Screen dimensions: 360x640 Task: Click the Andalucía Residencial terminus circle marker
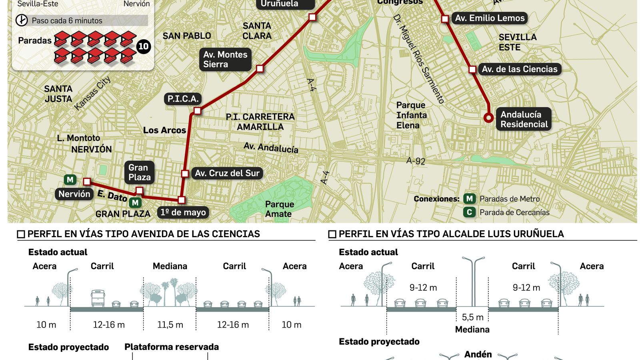(x=488, y=118)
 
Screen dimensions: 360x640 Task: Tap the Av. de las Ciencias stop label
(x=519, y=69)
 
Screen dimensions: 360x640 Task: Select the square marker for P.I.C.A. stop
(x=197, y=110)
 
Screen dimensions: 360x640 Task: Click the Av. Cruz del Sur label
(x=227, y=173)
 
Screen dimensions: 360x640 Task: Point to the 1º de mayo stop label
(x=183, y=212)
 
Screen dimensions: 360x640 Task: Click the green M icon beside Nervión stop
(x=70, y=180)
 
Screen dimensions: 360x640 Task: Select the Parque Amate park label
(x=279, y=209)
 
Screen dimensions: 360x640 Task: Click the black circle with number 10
(x=143, y=47)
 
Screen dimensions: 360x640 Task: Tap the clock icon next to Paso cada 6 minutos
(x=22, y=20)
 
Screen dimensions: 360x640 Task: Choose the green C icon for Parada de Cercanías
(x=469, y=212)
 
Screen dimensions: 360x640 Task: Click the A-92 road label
(x=416, y=161)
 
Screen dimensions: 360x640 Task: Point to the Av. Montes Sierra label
(x=225, y=59)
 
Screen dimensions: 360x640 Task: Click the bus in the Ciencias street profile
(x=98, y=298)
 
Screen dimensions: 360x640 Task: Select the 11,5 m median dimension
(x=170, y=325)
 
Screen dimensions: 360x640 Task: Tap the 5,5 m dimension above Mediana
(x=472, y=318)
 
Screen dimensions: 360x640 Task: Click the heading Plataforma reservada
(x=172, y=347)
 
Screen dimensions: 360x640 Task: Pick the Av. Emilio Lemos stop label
(x=490, y=18)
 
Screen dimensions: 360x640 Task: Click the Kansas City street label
(x=92, y=93)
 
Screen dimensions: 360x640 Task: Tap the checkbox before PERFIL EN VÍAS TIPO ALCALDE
(x=332, y=234)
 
